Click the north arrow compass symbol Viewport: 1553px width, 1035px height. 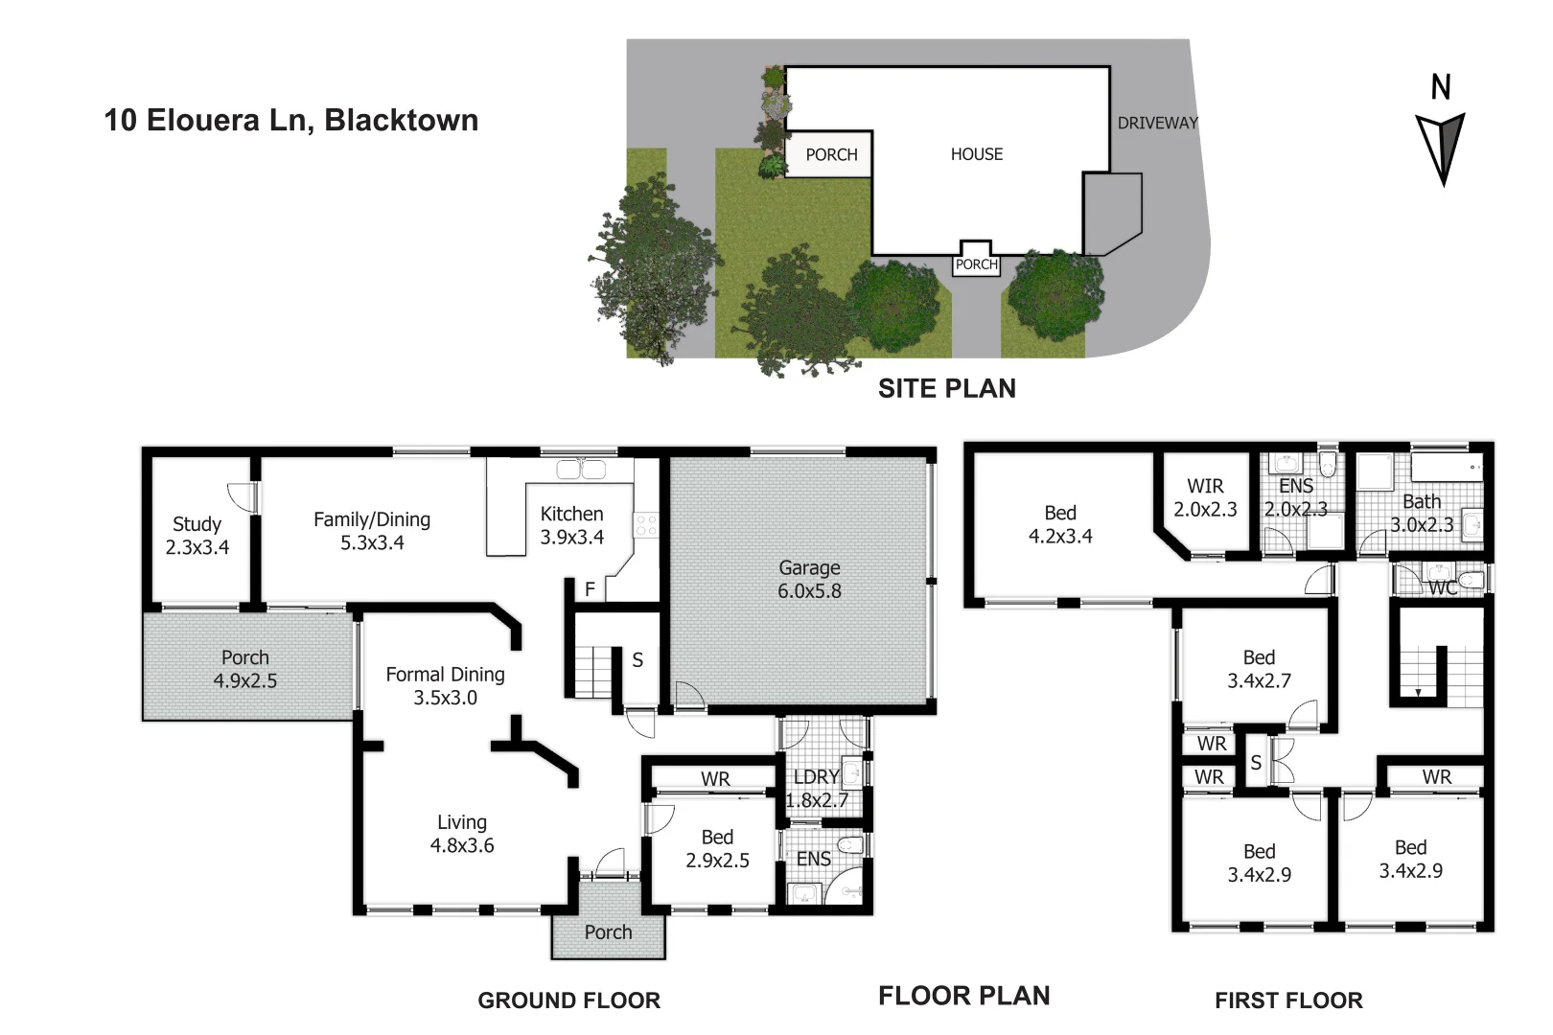point(1441,144)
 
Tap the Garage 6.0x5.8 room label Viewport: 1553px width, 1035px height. point(809,579)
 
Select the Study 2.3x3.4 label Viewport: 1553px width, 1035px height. point(197,535)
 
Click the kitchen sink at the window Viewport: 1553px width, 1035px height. point(581,469)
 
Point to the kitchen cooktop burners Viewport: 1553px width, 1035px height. point(646,524)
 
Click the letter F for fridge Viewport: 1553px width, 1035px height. point(590,589)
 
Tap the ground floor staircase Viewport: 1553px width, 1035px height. point(593,671)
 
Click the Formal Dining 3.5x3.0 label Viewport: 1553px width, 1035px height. point(445,685)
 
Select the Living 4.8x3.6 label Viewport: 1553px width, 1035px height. point(462,833)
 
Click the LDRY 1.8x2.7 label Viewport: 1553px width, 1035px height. point(817,788)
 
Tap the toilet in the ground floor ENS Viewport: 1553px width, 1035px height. point(849,845)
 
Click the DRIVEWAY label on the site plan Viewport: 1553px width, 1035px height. point(1157,123)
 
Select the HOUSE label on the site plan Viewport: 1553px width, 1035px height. point(976,153)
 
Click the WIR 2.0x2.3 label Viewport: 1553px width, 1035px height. point(1205,497)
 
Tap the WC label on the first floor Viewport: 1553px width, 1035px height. point(1442,587)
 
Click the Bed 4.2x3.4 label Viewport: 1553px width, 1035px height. point(1060,524)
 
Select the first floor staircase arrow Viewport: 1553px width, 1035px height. point(1418,690)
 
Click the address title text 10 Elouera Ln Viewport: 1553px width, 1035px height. point(290,120)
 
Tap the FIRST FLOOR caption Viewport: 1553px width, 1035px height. point(1287,1000)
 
